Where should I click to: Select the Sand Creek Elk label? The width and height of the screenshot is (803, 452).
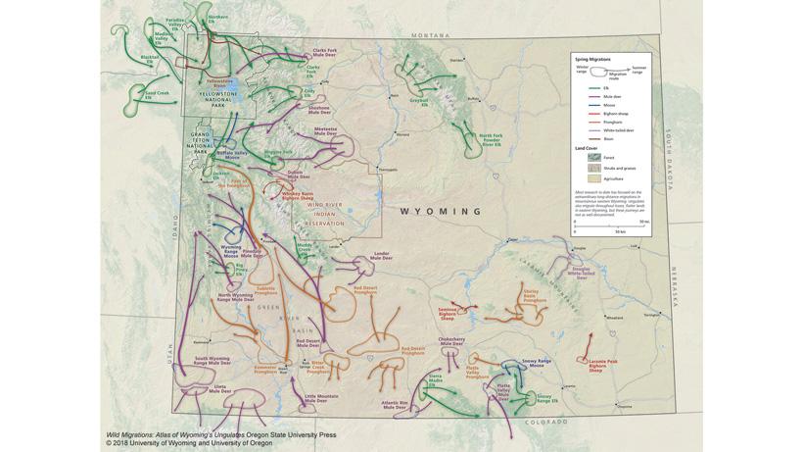coord(157,94)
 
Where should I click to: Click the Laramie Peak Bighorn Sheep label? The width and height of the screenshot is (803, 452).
coord(602,365)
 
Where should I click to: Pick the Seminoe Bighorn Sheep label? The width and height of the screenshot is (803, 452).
coord(448,313)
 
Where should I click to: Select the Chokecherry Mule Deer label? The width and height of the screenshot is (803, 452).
coord(451,342)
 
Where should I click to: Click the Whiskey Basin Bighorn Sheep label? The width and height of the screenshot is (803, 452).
coord(297,195)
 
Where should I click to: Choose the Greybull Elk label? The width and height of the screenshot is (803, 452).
coord(418,100)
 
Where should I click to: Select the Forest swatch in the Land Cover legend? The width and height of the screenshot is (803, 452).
coord(593,157)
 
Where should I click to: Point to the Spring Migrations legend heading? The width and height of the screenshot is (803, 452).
coord(592,59)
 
